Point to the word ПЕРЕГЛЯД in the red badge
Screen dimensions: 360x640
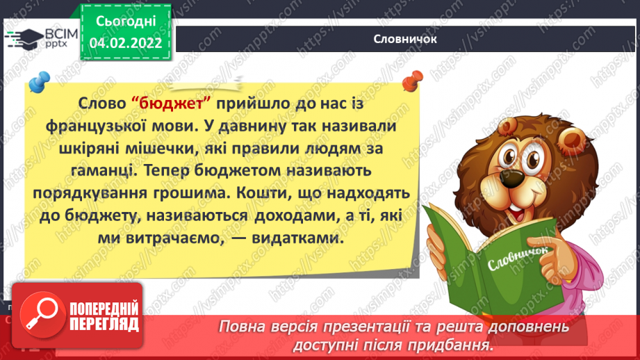click(102, 324)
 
